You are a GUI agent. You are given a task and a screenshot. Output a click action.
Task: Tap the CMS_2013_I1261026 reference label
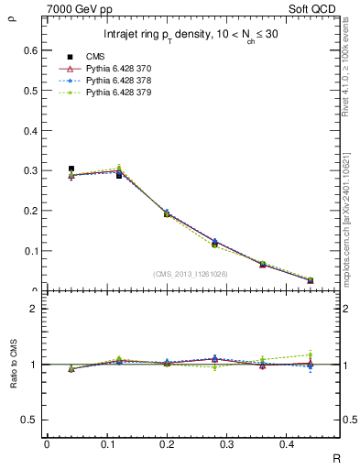[191, 274]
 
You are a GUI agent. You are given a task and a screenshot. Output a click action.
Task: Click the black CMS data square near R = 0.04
[71, 169]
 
